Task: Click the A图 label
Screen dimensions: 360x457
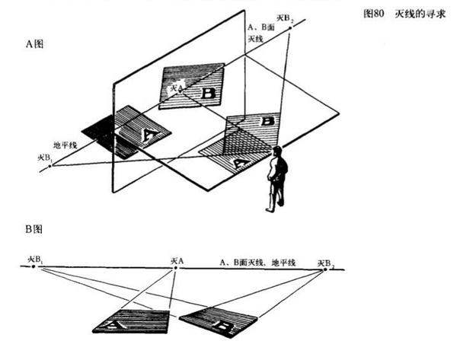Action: pyautogui.click(x=35, y=44)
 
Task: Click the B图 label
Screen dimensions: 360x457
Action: pyautogui.click(x=35, y=229)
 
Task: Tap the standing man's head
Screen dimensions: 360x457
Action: pyautogui.click(x=279, y=152)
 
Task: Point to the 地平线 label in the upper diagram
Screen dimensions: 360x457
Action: pyautogui.click(x=65, y=144)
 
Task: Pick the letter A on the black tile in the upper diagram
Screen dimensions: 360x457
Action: pyautogui.click(x=150, y=135)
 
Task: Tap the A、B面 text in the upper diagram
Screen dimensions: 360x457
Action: pyautogui.click(x=262, y=27)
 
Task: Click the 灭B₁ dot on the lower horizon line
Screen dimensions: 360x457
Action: pyautogui.click(x=34, y=267)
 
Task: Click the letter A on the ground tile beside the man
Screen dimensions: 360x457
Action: pyautogui.click(x=238, y=161)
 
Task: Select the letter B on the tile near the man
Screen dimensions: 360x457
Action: pyautogui.click(x=267, y=120)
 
